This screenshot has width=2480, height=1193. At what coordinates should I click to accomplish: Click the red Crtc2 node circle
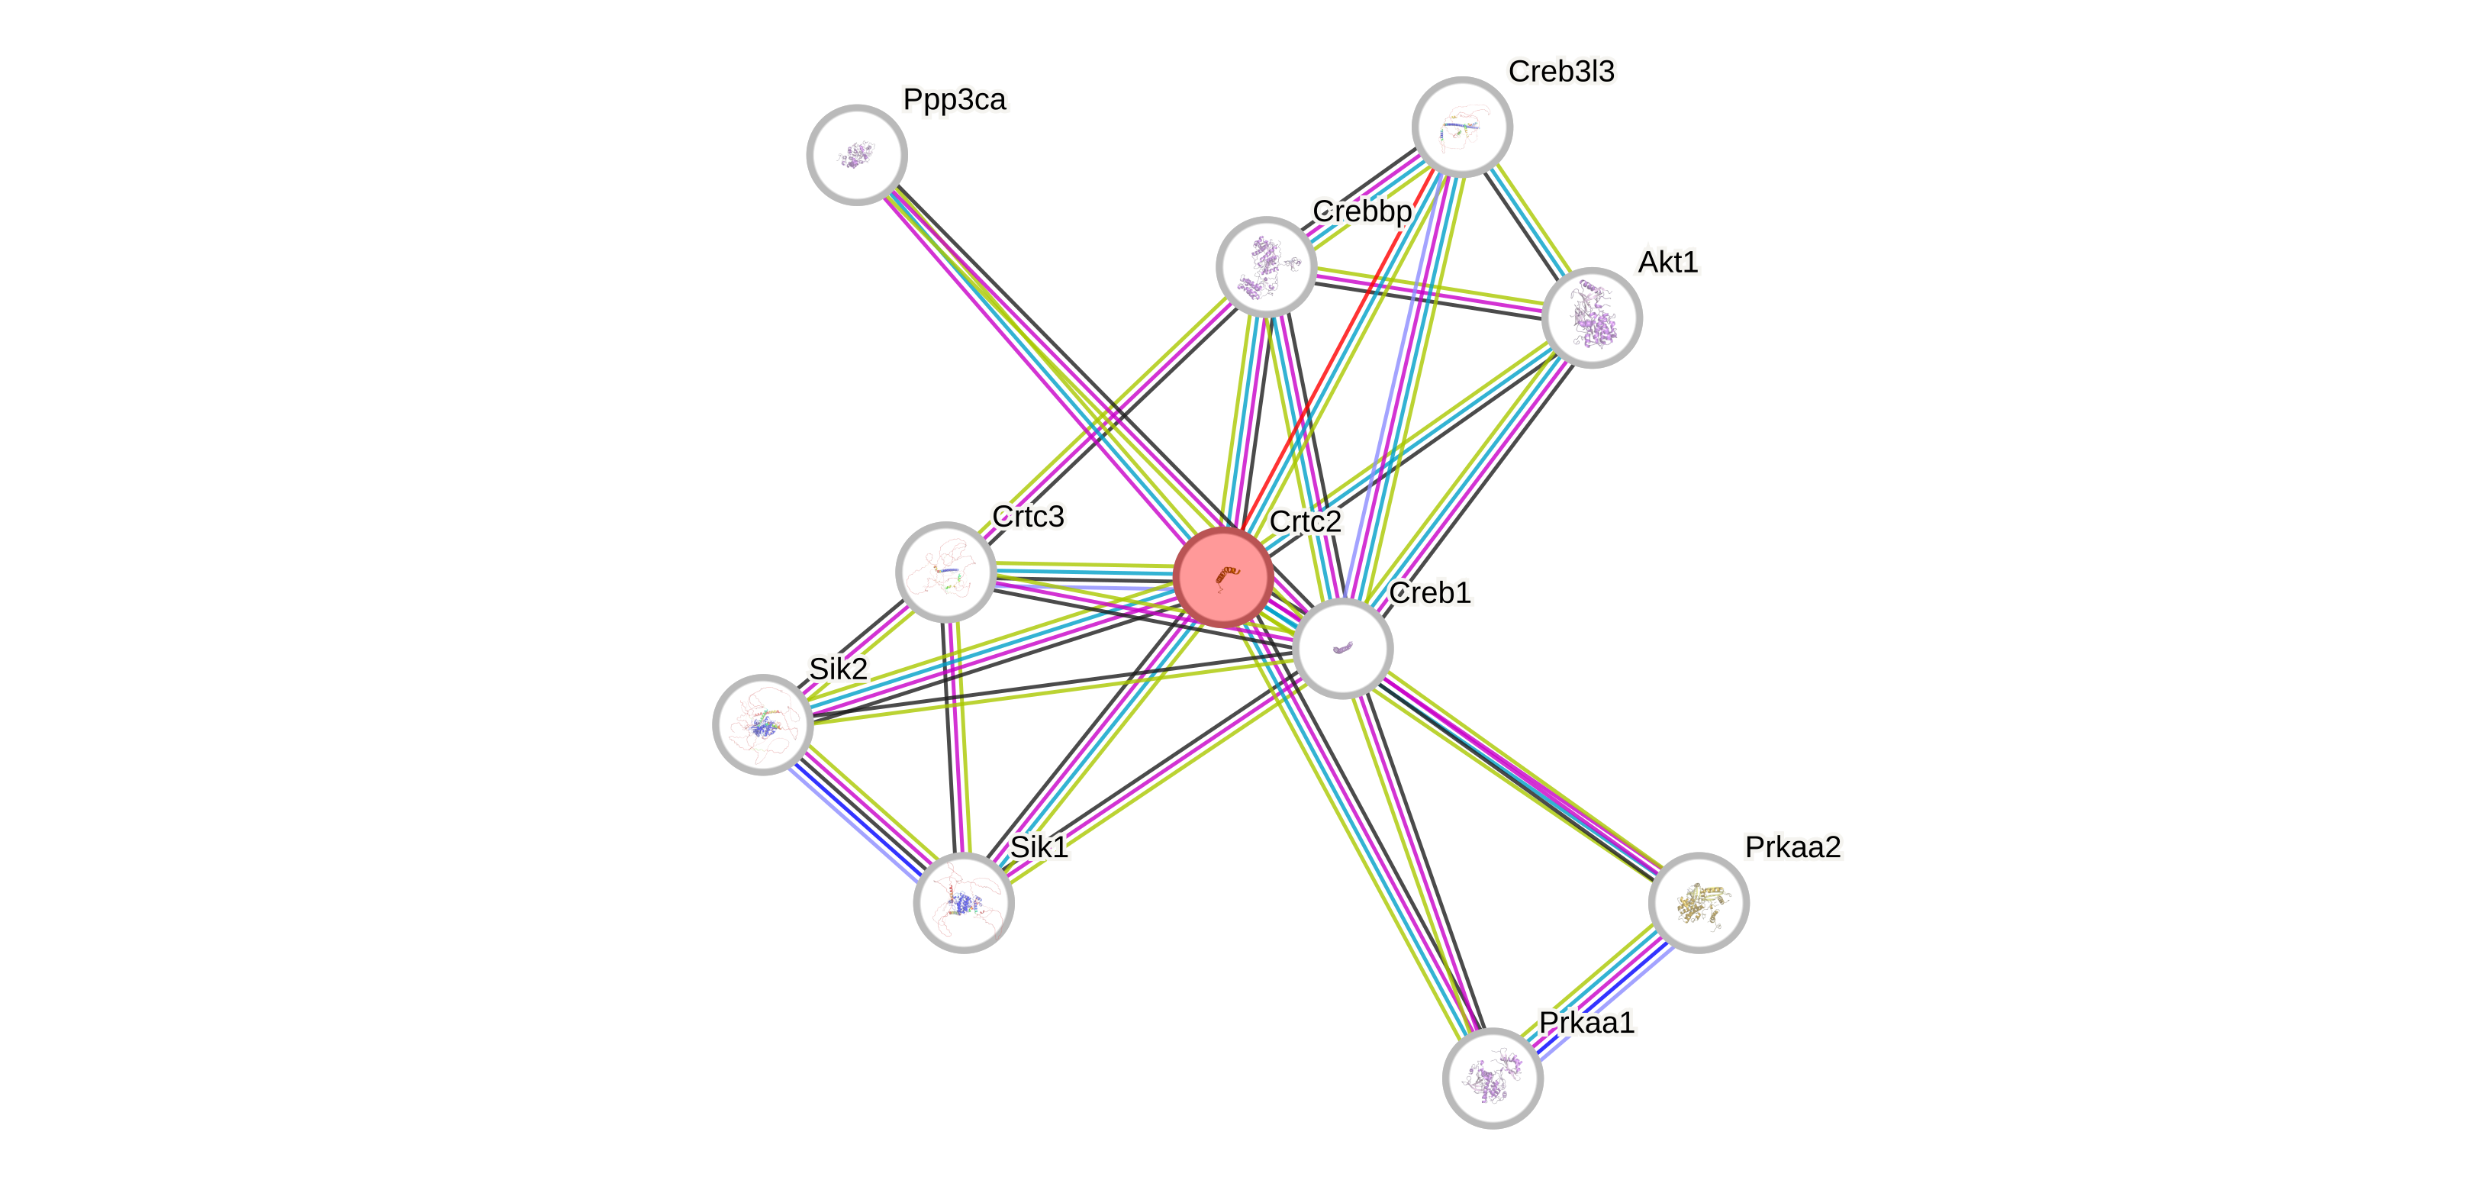point(1224,578)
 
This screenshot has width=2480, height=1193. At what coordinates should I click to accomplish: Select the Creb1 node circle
point(1343,648)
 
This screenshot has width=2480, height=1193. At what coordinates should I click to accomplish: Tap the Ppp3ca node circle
point(856,154)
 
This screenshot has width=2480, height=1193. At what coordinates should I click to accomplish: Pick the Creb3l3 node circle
point(1462,126)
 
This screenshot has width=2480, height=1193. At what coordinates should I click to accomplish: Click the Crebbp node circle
point(1266,266)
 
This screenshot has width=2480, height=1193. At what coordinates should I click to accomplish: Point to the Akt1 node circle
point(1592,318)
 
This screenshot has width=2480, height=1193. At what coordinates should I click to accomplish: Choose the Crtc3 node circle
point(945,572)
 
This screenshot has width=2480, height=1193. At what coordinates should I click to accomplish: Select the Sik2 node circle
point(762,724)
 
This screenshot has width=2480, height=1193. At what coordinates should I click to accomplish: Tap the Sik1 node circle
point(963,902)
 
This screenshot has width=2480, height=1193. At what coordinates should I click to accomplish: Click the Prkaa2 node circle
point(1699,902)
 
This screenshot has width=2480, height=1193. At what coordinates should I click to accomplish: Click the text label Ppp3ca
point(954,99)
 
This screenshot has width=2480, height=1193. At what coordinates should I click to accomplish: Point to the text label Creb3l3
point(1560,71)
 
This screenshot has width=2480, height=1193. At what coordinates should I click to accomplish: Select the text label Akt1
point(1667,261)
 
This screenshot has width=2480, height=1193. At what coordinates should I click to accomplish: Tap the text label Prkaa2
point(1792,846)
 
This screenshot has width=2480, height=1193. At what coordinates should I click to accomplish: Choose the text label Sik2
point(838,668)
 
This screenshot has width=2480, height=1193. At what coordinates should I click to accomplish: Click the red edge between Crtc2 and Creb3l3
point(1338,346)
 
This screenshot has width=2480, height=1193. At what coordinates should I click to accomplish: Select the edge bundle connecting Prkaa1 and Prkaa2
point(1596,990)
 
